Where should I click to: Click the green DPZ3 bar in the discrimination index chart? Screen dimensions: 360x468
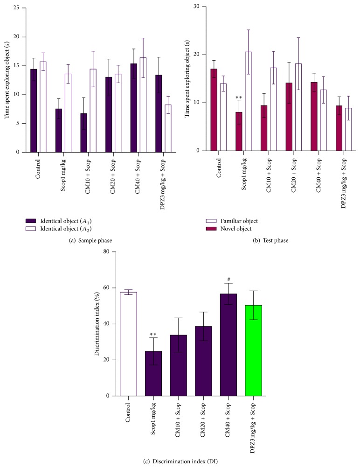(253, 350)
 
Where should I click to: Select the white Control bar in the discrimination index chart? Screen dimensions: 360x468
(128, 344)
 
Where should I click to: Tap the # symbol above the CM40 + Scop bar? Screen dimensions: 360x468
(228, 279)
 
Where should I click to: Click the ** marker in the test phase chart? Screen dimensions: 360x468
(239, 98)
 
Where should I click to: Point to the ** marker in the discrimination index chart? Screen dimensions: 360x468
(153, 335)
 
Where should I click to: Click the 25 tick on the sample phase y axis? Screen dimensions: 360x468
(16, 8)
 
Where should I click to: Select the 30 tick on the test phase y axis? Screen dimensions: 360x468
(196, 6)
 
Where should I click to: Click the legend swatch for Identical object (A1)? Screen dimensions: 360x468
(31, 221)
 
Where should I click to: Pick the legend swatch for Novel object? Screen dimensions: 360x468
(211, 229)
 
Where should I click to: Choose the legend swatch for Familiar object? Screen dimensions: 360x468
(211, 221)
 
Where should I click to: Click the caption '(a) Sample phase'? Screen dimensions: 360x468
(90, 240)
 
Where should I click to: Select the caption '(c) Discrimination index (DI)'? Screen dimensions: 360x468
(180, 461)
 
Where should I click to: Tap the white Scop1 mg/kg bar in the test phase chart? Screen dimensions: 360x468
(248, 101)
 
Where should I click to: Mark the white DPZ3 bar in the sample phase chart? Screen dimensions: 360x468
(168, 128)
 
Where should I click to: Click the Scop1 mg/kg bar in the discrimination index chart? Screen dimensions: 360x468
(153, 374)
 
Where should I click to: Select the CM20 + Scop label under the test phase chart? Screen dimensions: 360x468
(294, 175)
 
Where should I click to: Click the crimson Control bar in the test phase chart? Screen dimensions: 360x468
(214, 110)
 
